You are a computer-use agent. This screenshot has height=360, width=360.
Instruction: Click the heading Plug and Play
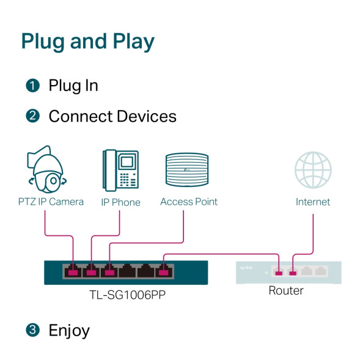[x=87, y=42]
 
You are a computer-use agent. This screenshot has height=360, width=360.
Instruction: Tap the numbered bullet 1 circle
[x=32, y=86]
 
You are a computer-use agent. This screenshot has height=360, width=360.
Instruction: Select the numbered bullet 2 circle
[x=32, y=116]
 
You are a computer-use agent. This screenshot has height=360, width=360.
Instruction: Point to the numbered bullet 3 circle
[x=32, y=331]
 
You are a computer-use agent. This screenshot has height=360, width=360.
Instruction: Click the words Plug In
[x=73, y=86]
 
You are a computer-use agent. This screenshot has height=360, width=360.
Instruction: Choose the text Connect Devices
[x=112, y=116]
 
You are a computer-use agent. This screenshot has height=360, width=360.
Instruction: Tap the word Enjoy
[x=69, y=331]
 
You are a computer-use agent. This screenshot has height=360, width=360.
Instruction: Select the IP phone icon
[x=120, y=169]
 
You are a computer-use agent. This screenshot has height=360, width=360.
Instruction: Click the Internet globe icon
[x=313, y=169]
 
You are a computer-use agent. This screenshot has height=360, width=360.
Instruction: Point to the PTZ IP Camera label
[x=51, y=202]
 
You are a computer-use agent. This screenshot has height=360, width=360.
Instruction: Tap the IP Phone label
[x=120, y=202]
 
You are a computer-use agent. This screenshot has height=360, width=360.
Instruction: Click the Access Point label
[x=188, y=202]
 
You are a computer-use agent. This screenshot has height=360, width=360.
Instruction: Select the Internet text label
[x=313, y=202]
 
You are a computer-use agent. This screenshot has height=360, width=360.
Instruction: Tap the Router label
[x=286, y=291]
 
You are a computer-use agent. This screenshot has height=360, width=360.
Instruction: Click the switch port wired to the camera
[x=73, y=270]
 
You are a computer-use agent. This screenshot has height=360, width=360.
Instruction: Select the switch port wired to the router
[x=163, y=270]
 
